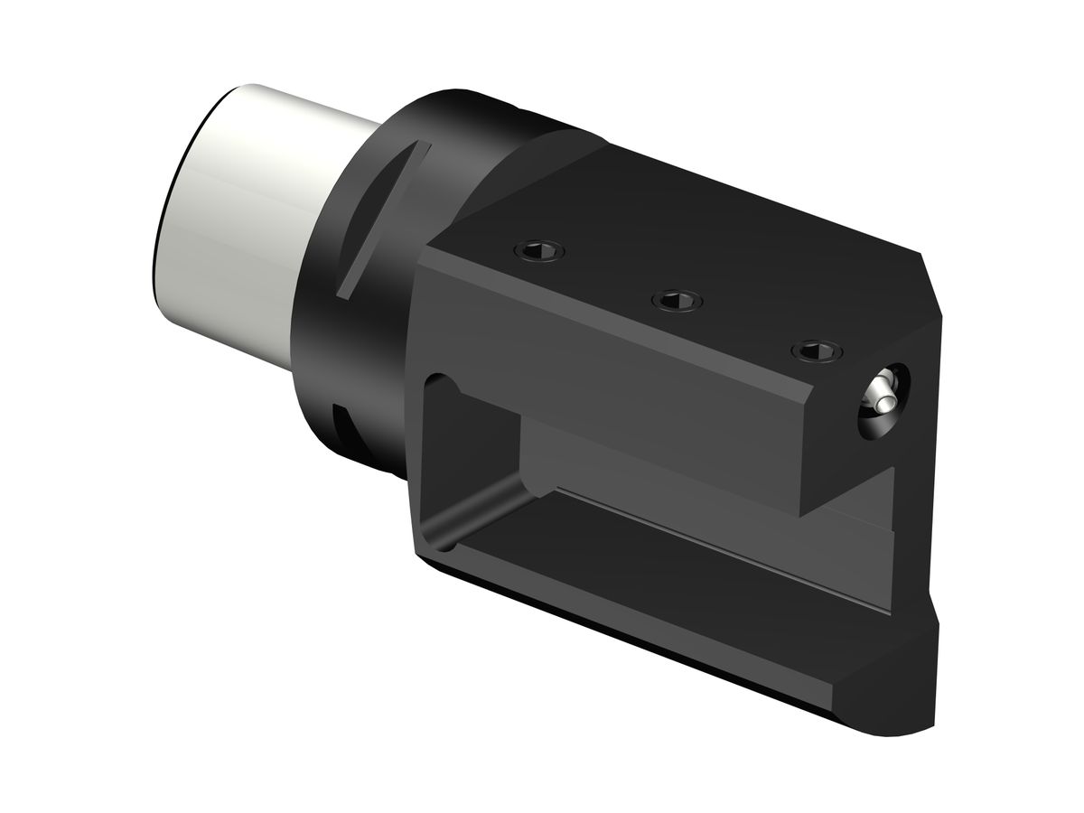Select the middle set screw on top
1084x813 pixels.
677,299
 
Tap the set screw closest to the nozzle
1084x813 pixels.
816,350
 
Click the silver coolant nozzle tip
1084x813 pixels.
880,392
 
